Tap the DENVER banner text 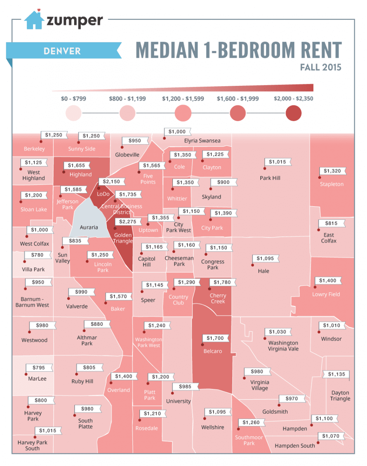click(x=62, y=51)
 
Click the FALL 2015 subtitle click(x=320, y=67)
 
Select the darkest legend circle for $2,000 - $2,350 click(x=294, y=113)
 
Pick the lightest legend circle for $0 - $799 click(x=74, y=113)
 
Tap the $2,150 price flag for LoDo click(x=112, y=181)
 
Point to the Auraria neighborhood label click(x=89, y=227)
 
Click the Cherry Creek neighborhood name click(x=218, y=299)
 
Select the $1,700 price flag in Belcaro click(x=215, y=338)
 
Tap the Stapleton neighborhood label click(x=332, y=184)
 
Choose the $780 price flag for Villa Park click(x=38, y=255)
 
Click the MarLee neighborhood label click(x=37, y=378)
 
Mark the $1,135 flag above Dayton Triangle click(x=336, y=374)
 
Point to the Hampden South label click(x=295, y=446)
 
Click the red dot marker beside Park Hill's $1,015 click(x=265, y=169)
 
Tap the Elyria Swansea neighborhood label click(x=202, y=141)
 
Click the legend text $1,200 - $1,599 click(x=183, y=99)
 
